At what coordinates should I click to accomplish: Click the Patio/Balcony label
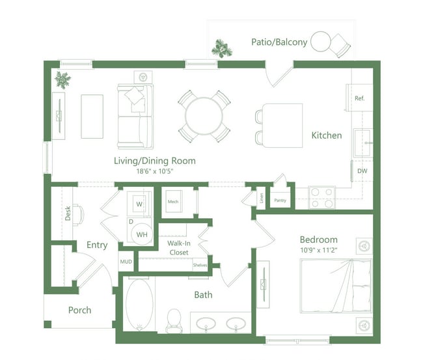click(279, 42)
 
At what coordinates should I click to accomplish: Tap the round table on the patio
click(320, 42)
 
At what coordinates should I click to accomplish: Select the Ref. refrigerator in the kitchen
click(360, 98)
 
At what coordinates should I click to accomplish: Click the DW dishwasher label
click(361, 171)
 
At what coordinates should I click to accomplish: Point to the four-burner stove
click(321, 197)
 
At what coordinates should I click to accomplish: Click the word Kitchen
click(326, 135)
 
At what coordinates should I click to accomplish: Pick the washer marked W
click(139, 204)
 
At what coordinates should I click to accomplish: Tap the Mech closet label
click(173, 202)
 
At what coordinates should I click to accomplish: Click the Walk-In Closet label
click(178, 248)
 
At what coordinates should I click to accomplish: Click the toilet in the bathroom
click(174, 320)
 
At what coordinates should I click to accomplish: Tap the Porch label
click(79, 310)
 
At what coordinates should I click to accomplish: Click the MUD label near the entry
click(126, 262)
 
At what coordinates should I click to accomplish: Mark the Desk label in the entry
click(68, 214)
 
